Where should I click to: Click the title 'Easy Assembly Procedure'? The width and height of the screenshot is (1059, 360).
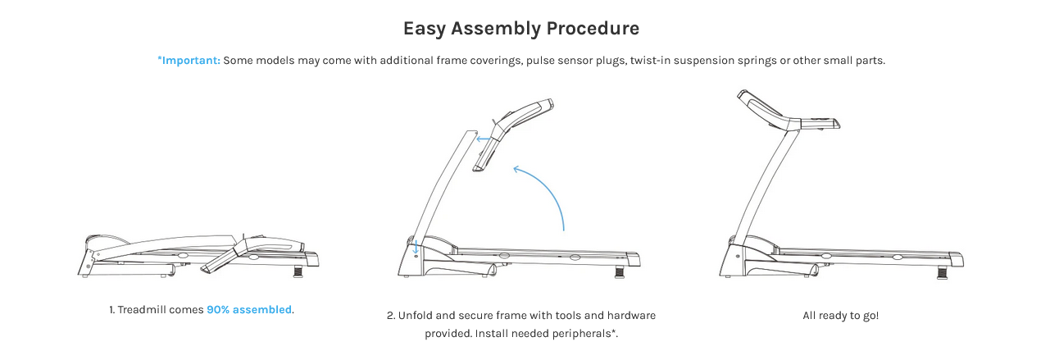pyautogui.click(x=521, y=29)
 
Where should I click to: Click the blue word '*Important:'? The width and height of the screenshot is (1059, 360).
pyautogui.click(x=189, y=61)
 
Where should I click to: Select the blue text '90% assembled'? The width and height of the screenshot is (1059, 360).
pyautogui.click(x=249, y=310)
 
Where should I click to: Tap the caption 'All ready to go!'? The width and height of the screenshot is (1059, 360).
pyautogui.click(x=840, y=315)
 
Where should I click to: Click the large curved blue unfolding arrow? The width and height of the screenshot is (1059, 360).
pyautogui.click(x=548, y=189)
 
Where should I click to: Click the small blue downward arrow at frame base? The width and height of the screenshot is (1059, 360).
pyautogui.click(x=416, y=245)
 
